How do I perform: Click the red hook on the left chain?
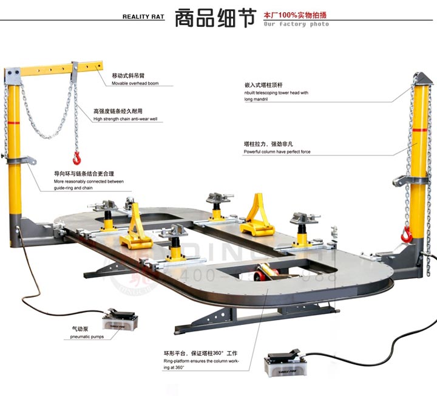pyautogui.click(x=76, y=159)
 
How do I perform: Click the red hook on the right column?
pyautogui.click(x=407, y=233)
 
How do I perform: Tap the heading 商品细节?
pyautogui.click(x=214, y=18)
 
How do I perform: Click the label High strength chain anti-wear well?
pyautogui.click(x=125, y=119)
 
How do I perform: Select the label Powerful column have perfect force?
pyautogui.click(x=277, y=152)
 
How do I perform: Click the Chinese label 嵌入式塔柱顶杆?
pyautogui.click(x=262, y=85)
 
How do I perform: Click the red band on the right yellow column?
pyautogui.click(x=418, y=132)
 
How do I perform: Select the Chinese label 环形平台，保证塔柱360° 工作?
pyautogui.click(x=200, y=353)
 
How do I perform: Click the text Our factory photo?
pyautogui.click(x=296, y=24)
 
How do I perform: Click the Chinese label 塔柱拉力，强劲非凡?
pyautogui.click(x=268, y=144)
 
